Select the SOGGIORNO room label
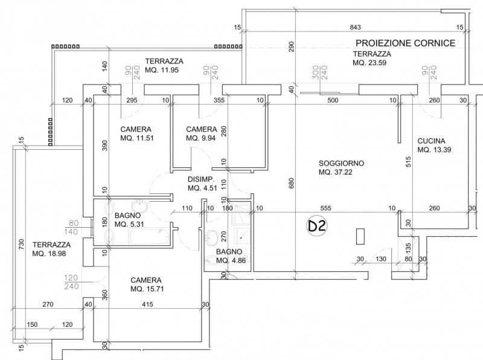(341, 163)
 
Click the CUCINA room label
(432, 141)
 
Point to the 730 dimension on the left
(21, 244)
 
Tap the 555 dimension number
(326, 208)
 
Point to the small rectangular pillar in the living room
(361, 236)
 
